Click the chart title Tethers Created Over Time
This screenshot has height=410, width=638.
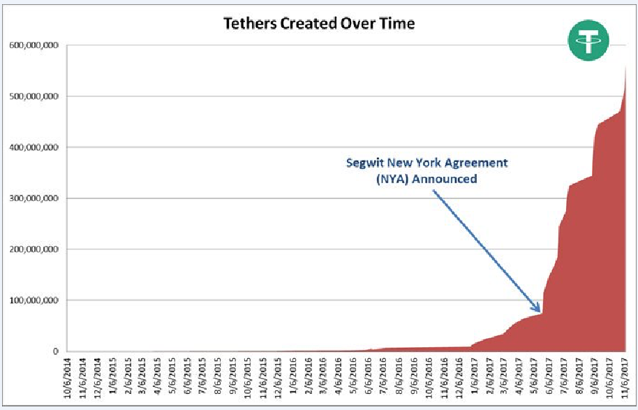[x=319, y=23]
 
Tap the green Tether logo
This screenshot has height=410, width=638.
[x=588, y=42]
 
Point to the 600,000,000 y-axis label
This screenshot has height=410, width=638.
[x=34, y=45]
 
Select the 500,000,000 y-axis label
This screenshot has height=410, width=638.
[x=34, y=96]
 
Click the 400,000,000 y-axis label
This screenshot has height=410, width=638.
[x=34, y=147]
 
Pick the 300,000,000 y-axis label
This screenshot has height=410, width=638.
[x=34, y=198]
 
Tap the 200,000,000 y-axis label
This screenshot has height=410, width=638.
[x=34, y=249]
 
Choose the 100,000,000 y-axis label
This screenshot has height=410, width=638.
[x=34, y=300]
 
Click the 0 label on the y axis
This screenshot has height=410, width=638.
[x=54, y=351]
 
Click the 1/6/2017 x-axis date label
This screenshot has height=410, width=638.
[x=475, y=377]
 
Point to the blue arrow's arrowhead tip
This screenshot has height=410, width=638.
[x=540, y=312]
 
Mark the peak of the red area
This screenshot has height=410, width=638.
[x=625, y=66]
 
